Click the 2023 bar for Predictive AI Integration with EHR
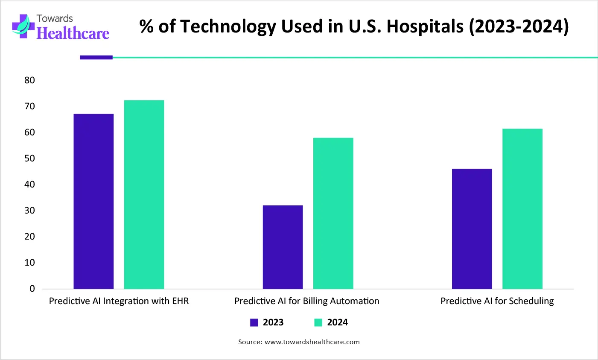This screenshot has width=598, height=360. pos(93,201)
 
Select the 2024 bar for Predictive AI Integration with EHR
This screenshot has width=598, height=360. pos(144,194)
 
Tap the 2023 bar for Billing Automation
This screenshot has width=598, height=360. pos(283,247)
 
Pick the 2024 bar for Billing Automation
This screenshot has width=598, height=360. pos(333,213)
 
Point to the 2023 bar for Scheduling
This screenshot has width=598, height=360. pos(472,228)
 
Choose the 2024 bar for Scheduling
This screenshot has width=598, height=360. pos(522,208)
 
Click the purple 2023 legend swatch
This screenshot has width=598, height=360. pos(254,323)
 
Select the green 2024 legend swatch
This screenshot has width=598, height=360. pos(318,323)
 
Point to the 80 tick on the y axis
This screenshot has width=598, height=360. pos(29,80)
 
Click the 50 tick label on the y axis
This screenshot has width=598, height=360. pos(29,158)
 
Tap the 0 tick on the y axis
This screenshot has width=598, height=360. pos(32,289)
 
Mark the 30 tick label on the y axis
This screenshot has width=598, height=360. pos(29,211)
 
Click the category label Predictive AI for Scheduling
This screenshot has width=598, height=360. pos(497,301)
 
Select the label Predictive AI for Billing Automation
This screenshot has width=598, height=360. pos(306,301)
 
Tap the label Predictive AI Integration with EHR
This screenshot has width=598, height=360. pos(119,301)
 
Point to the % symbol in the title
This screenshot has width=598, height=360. pos(146,26)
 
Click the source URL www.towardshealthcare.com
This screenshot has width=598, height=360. pos(312,342)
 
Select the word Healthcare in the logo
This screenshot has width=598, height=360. pos(73,33)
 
